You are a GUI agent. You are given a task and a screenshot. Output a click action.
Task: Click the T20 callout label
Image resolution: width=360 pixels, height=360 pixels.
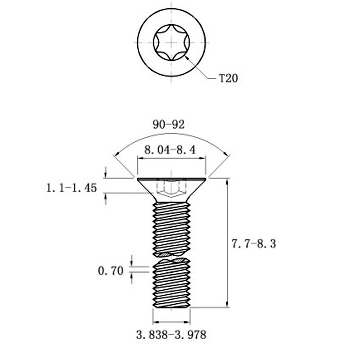[x=229, y=78]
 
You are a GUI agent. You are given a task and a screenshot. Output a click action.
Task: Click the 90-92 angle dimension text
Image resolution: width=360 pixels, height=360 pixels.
[x=169, y=125]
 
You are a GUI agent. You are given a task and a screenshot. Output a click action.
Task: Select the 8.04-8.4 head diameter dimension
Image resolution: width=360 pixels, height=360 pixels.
[x=170, y=150]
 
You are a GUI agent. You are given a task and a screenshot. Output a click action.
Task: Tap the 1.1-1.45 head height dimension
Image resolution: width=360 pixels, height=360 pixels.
[x=72, y=188]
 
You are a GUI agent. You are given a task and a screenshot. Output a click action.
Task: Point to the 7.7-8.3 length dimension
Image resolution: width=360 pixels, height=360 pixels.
[x=253, y=244]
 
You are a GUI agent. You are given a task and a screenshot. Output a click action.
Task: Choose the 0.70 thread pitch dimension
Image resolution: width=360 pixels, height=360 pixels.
[x=111, y=271]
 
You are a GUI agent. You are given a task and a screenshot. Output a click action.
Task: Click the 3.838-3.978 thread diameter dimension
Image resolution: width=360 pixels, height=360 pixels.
[x=171, y=335]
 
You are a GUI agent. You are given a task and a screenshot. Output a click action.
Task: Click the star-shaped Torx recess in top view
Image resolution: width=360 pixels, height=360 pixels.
[x=171, y=43]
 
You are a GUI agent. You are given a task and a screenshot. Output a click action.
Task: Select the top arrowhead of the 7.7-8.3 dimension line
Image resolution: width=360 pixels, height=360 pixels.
[x=227, y=182]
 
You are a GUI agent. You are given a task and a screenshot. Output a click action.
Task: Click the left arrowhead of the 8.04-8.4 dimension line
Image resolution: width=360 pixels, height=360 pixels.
[x=140, y=158]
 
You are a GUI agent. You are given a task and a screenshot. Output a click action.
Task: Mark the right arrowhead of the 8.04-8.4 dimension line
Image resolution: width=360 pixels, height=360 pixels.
[x=202, y=158]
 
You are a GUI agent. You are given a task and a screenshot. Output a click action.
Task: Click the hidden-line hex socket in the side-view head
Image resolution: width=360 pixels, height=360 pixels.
[x=171, y=188]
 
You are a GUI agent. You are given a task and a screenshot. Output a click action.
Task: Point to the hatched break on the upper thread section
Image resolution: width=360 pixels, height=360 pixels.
[x=171, y=254]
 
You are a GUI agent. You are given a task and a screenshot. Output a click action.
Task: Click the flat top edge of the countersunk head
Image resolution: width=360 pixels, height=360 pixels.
[x=171, y=178]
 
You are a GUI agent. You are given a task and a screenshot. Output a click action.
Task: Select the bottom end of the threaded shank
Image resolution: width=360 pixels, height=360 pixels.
[x=171, y=307]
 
